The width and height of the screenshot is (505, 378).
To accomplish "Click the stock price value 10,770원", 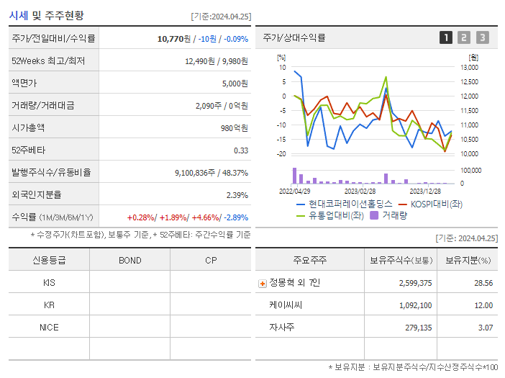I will pyautogui.click(x=176, y=39).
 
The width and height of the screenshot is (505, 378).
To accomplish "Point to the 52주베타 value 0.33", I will pyautogui.click(x=241, y=150).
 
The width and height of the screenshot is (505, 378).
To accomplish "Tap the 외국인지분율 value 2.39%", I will pyautogui.click(x=237, y=195).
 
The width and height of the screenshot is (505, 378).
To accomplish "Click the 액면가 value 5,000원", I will pyautogui.click(x=235, y=84).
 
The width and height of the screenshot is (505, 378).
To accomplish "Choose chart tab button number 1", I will pyautogui.click(x=446, y=38).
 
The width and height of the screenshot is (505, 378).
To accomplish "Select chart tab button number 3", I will pyautogui.click(x=482, y=38).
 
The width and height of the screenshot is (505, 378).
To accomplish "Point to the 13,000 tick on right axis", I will pyautogui.click(x=468, y=67).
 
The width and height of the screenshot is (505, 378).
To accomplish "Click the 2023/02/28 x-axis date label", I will pyautogui.click(x=360, y=192).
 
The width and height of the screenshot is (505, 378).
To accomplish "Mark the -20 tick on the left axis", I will pyautogui.click(x=281, y=154).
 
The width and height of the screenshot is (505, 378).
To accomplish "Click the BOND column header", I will pyautogui.click(x=129, y=261).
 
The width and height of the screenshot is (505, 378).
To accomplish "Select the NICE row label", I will pyautogui.click(x=49, y=328).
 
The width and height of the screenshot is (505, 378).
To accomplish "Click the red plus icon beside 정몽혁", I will pyautogui.click(x=262, y=283).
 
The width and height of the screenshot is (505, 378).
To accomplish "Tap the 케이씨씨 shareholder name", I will pyautogui.click(x=286, y=305).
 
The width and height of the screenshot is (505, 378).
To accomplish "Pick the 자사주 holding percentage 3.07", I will pyautogui.click(x=485, y=328).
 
